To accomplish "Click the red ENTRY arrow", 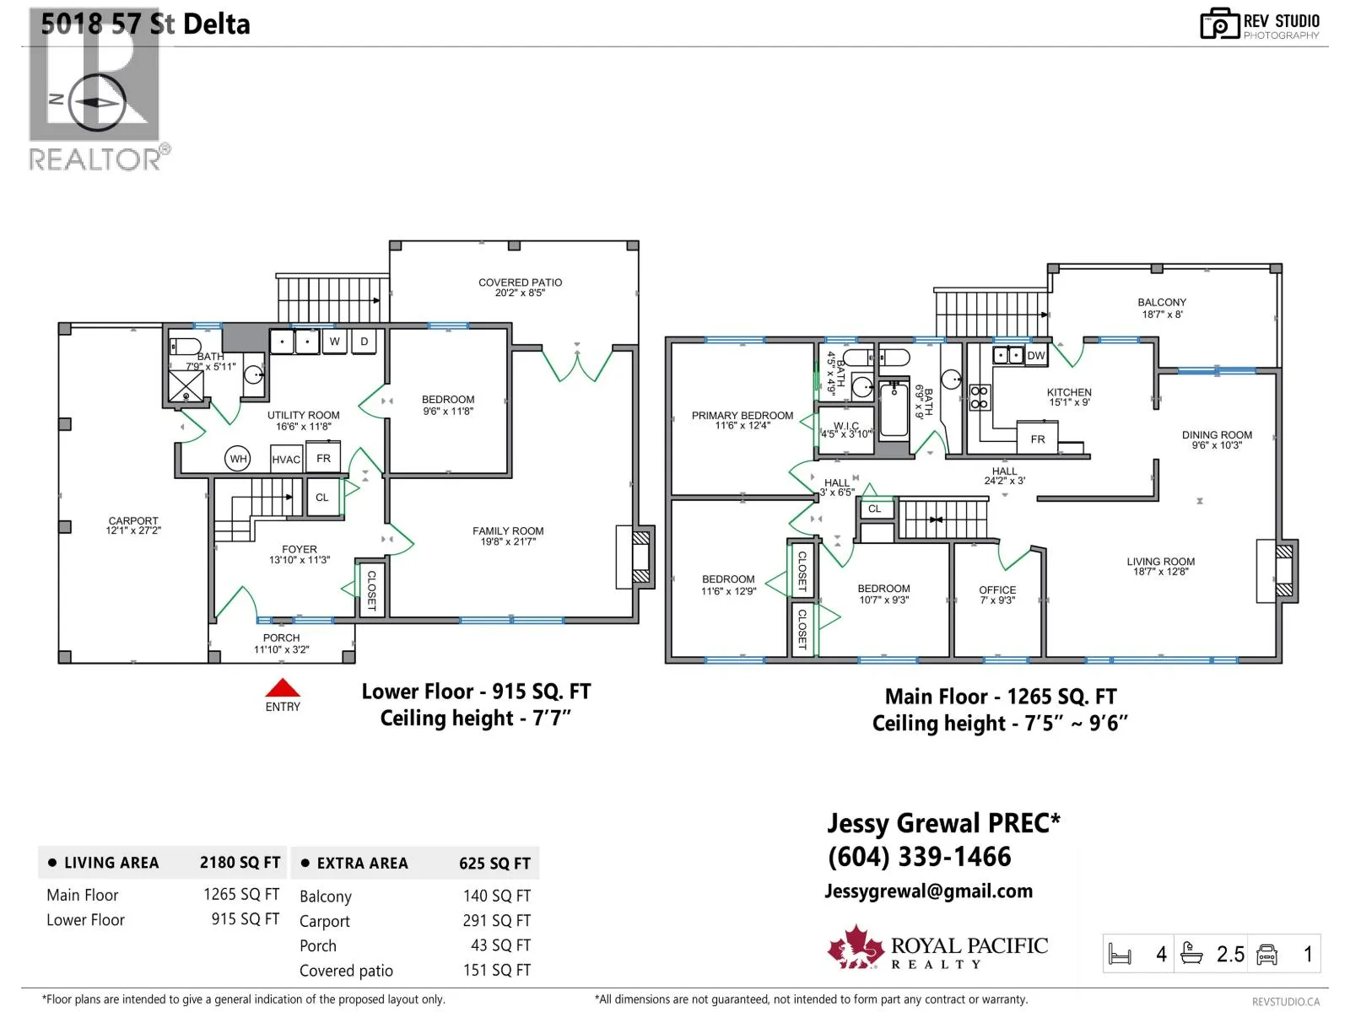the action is tap(283, 687).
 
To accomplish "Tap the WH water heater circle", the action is tap(238, 459).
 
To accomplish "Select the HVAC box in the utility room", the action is tap(286, 459).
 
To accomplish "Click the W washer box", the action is tap(335, 342).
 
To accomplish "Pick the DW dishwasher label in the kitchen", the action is tap(1036, 355).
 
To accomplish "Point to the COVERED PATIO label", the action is tap(521, 288).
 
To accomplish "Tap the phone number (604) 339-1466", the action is tap(920, 857).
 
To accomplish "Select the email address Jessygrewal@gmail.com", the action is tap(929, 891).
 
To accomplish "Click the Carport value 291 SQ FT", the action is tap(497, 920).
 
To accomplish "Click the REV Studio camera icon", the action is tap(1219, 24).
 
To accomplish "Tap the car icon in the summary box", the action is tap(1266, 955).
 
